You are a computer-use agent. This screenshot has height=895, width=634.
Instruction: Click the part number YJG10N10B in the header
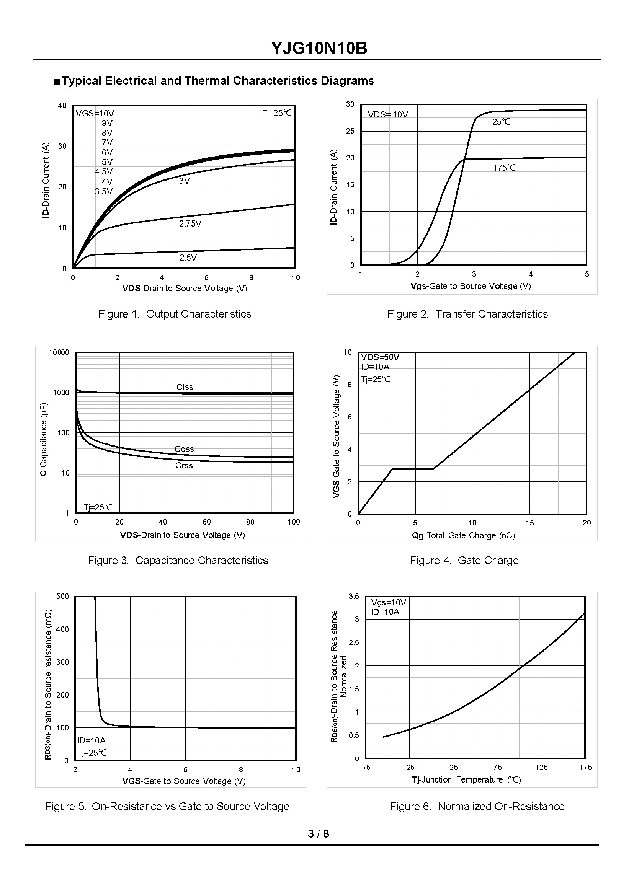coord(319,49)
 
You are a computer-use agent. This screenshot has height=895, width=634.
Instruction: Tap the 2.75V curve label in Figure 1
coord(190,223)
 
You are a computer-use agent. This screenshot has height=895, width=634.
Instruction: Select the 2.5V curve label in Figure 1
coord(188,258)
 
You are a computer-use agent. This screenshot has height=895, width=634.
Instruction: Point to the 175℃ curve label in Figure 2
coord(504,168)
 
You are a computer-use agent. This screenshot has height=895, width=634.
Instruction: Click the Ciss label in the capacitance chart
coord(185,387)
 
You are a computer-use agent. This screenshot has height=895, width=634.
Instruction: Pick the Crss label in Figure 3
coord(184,465)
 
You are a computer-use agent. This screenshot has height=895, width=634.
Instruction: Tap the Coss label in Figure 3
coord(184,449)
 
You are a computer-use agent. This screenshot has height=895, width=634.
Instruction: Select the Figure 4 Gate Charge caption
coord(464,561)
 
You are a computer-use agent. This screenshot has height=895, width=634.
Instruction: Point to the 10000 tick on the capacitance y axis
coord(59,352)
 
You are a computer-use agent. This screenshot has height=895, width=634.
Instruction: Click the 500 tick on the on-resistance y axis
coord(62,597)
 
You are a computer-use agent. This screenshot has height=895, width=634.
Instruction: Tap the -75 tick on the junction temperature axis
coord(365,768)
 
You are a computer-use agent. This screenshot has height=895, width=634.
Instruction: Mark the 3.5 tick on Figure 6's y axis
coord(354,597)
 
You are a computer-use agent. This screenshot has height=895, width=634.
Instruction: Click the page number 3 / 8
coord(318,834)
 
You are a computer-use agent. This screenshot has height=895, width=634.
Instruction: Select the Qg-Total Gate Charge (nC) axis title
coord(463,536)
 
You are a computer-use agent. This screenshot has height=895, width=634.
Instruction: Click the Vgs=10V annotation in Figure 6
coord(389,603)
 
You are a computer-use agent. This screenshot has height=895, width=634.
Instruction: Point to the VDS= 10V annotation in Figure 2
coord(388,115)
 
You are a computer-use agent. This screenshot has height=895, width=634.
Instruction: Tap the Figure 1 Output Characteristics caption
coord(175,314)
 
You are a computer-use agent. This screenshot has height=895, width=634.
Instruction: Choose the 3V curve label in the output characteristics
coord(185,181)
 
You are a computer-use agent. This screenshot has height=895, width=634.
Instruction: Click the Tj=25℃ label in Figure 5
coord(92,753)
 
